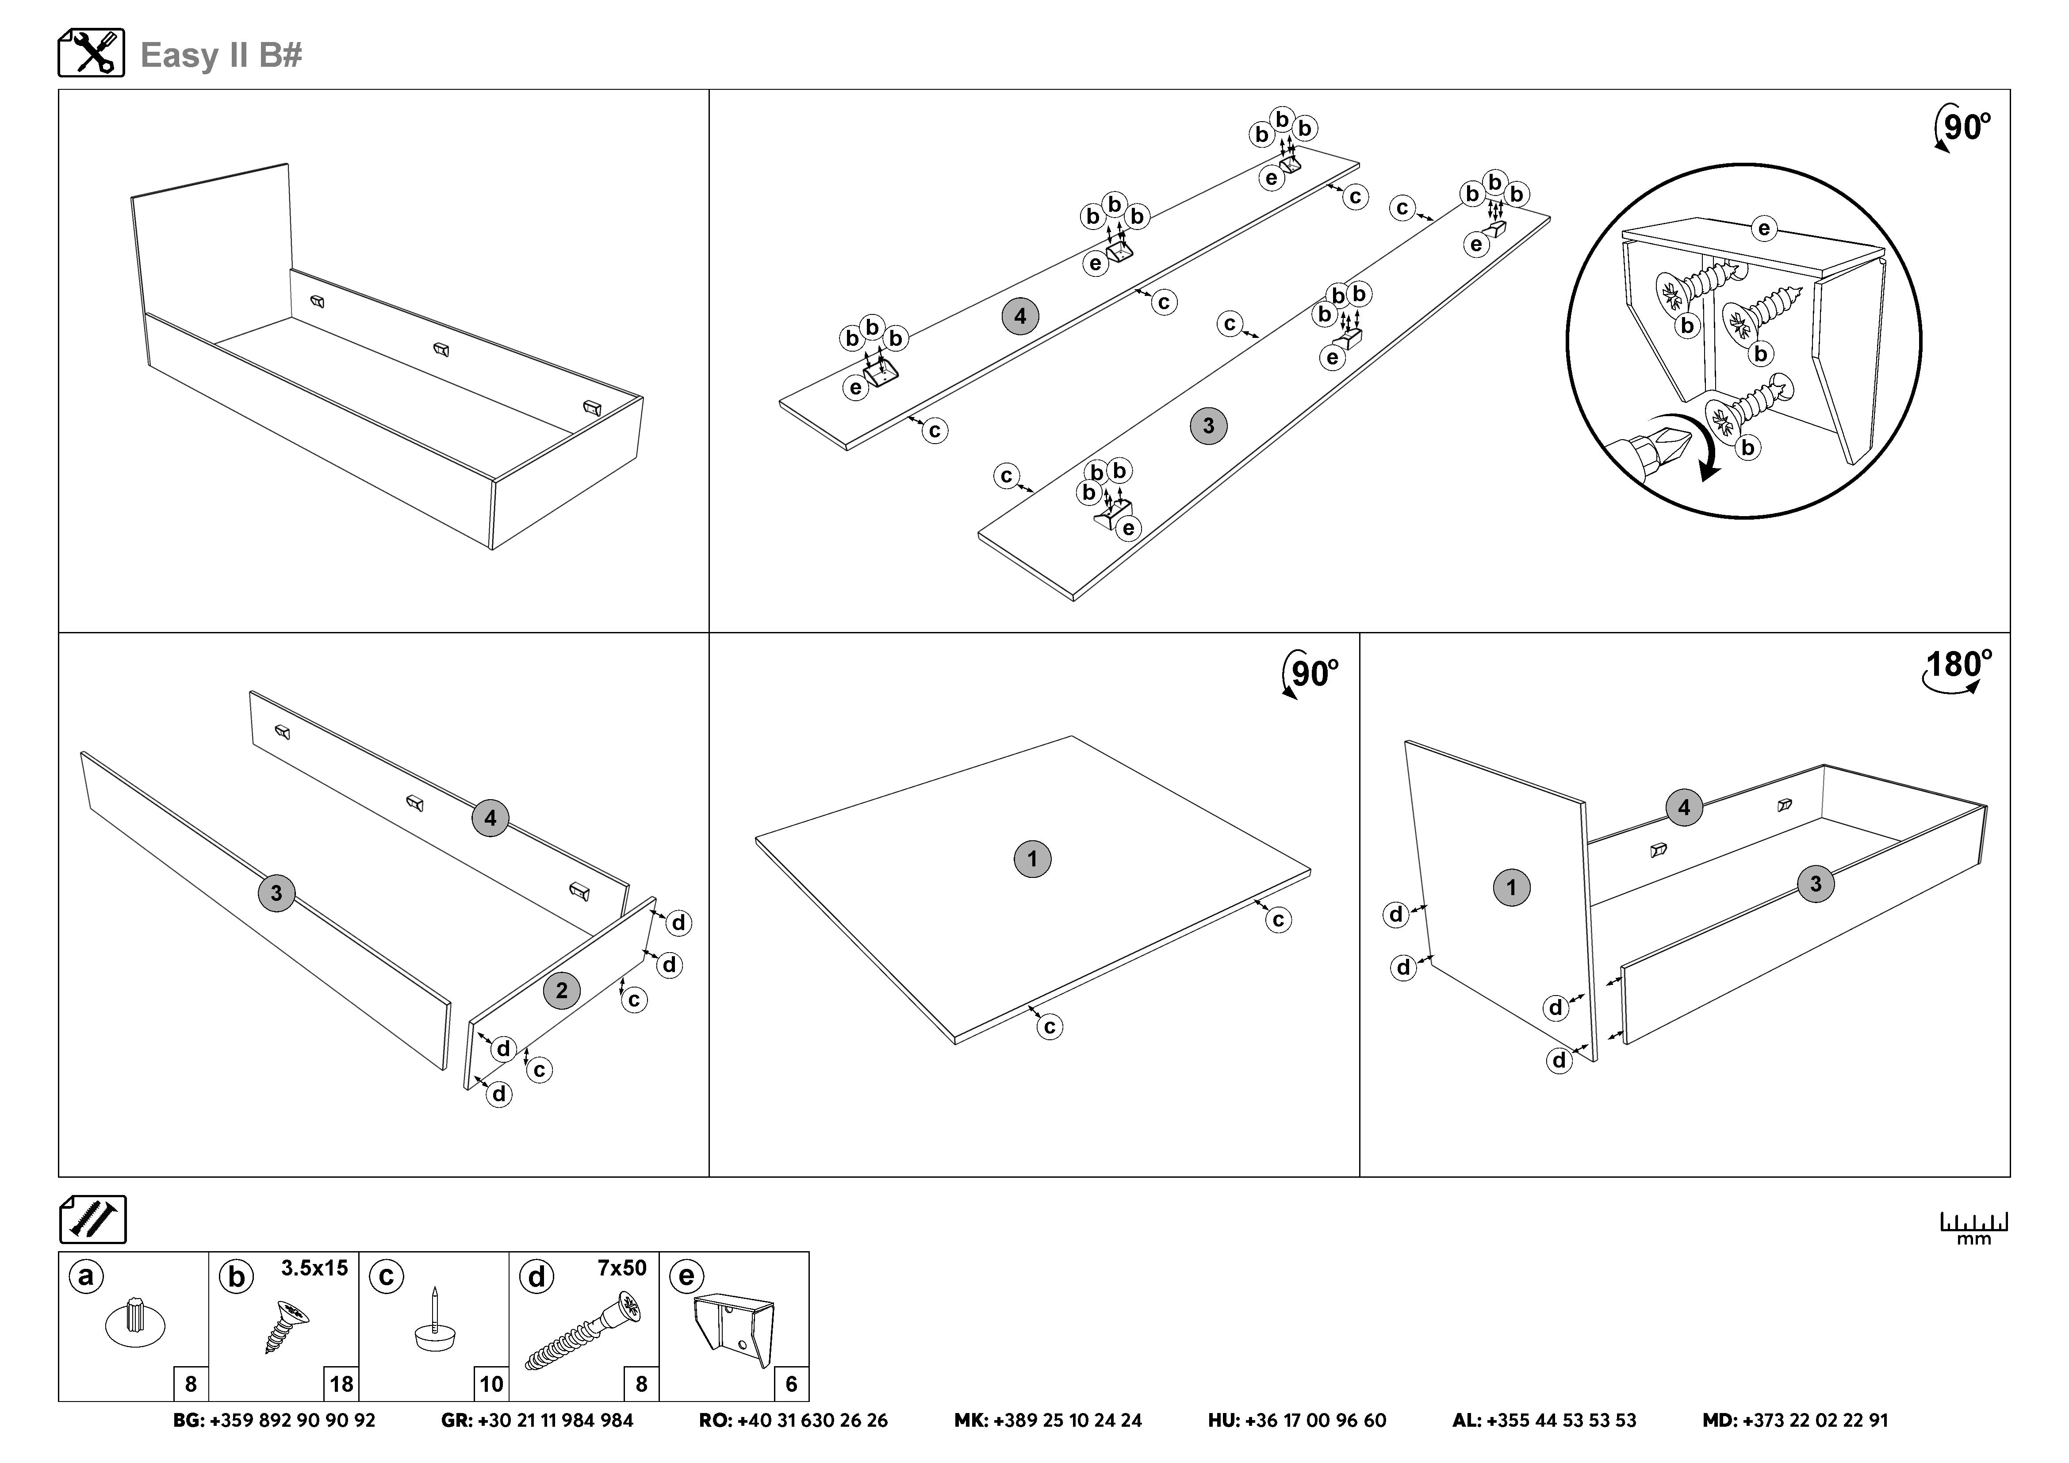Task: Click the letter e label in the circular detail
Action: click(x=1763, y=229)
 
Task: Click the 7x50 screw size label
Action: click(x=622, y=1268)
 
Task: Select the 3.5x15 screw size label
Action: click(x=314, y=1268)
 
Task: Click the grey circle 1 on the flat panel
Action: click(x=1033, y=858)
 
